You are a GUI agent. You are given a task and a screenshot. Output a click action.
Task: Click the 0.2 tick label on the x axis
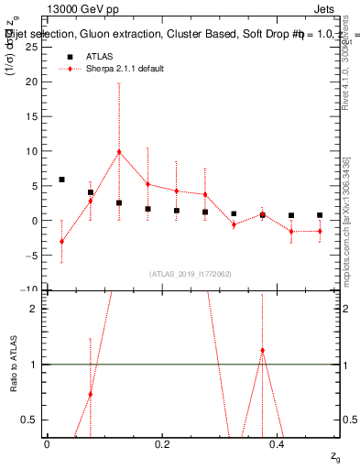tap(162, 443)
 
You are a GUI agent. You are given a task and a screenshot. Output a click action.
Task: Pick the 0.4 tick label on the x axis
tap(278, 443)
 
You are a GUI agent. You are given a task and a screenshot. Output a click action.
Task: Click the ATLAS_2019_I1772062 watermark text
tap(191, 274)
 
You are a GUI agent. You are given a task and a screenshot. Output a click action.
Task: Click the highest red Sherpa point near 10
tap(119, 151)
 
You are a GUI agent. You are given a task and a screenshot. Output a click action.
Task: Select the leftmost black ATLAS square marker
tap(61, 180)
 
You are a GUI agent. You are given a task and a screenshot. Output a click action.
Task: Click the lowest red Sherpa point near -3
tap(61, 242)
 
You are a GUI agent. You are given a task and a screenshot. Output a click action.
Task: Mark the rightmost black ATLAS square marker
tap(320, 215)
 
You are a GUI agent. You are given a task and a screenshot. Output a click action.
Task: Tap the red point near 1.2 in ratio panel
tap(262, 351)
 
